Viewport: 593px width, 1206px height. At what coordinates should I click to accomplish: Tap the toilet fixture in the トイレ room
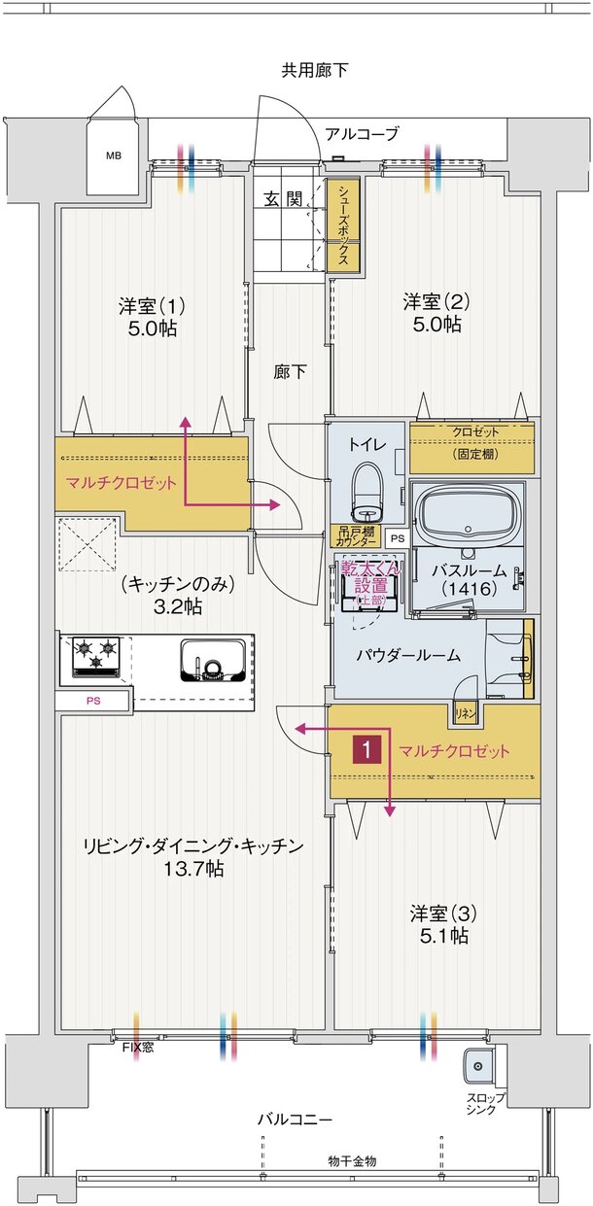click(x=366, y=491)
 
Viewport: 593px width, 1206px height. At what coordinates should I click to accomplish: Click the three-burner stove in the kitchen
click(x=94, y=656)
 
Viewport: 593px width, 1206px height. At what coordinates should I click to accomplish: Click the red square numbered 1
click(x=366, y=750)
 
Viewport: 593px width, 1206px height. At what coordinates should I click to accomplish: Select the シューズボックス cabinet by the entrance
click(x=344, y=226)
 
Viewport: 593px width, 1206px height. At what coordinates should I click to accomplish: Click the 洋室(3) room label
click(x=442, y=913)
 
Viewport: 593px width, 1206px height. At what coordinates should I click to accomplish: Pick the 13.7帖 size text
click(x=193, y=869)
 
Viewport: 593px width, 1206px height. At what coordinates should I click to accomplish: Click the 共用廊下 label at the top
click(x=315, y=70)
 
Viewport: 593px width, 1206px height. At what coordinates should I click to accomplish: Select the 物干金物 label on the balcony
click(x=352, y=1160)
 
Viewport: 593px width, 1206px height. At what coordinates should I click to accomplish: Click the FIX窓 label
click(x=136, y=1047)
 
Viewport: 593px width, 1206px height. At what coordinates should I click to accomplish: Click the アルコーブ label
click(x=362, y=134)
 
